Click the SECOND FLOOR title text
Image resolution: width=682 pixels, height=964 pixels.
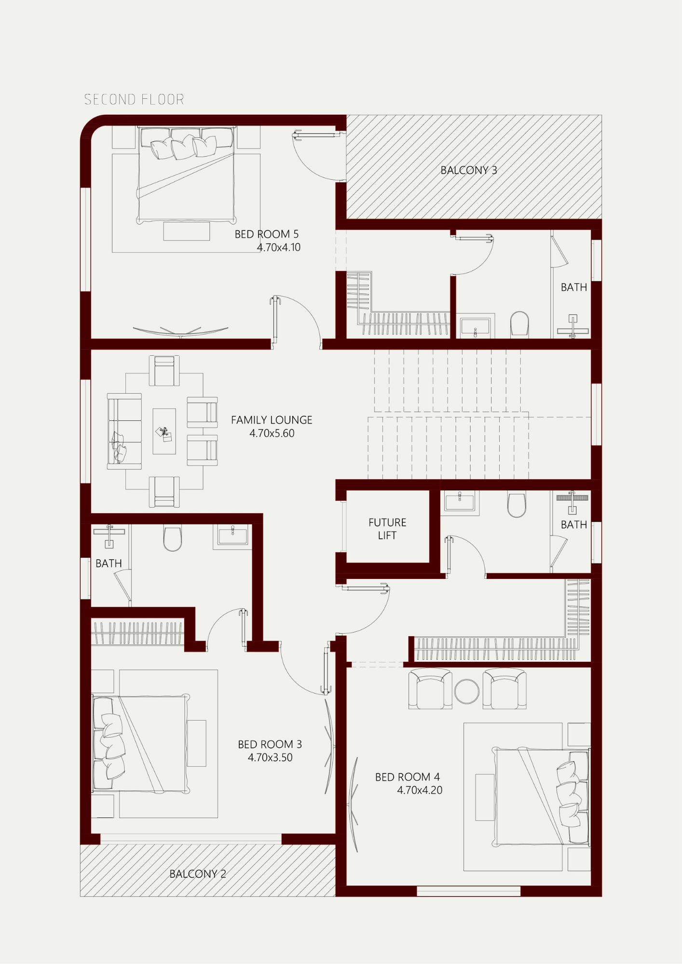134,99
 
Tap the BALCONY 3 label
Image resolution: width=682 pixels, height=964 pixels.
468,170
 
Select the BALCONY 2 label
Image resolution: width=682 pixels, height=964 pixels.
198,874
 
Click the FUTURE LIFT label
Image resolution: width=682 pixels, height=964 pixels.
387,529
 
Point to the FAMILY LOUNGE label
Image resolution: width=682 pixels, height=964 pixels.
272,420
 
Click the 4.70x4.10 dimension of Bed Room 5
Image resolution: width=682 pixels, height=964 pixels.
279,247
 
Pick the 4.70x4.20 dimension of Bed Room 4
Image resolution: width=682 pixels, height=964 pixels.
420,790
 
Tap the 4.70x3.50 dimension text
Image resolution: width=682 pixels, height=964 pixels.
270,757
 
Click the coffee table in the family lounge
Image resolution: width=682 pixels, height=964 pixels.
164,431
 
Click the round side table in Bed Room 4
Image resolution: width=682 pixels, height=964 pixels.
467,691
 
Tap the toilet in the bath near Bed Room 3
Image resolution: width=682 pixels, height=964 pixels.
173,538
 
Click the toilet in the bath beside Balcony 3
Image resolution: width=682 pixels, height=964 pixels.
519,324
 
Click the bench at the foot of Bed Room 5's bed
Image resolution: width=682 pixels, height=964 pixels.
187,231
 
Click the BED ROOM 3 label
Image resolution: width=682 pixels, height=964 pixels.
270,744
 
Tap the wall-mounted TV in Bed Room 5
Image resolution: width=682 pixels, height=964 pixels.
180,332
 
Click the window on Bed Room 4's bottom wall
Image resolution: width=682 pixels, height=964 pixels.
468,891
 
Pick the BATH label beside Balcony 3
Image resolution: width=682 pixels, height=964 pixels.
573,287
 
